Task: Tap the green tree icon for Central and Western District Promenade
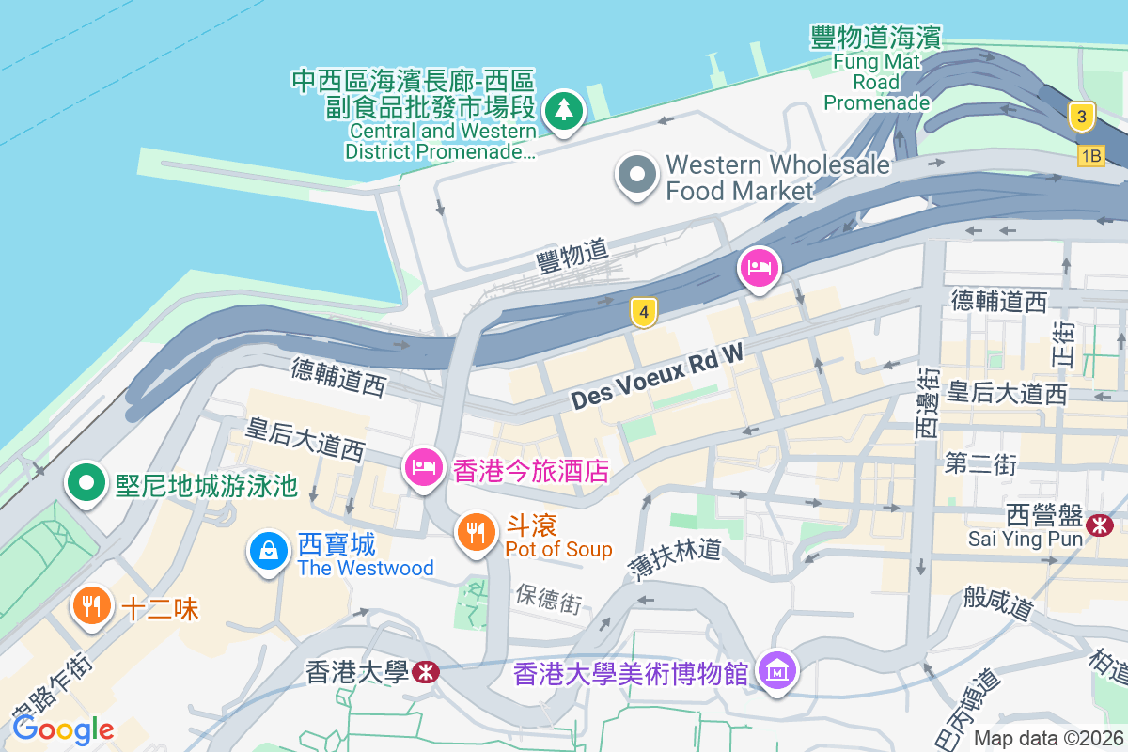tap(563, 110)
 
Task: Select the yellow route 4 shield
tap(643, 312)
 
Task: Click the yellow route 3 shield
tap(1083, 117)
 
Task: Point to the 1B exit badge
tap(1090, 156)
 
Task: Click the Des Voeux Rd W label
tap(657, 375)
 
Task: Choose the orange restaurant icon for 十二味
tap(91, 605)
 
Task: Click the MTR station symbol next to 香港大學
tap(426, 671)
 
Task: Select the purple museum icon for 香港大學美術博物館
tap(777, 671)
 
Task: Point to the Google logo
tap(63, 728)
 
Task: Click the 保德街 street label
tap(548, 600)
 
